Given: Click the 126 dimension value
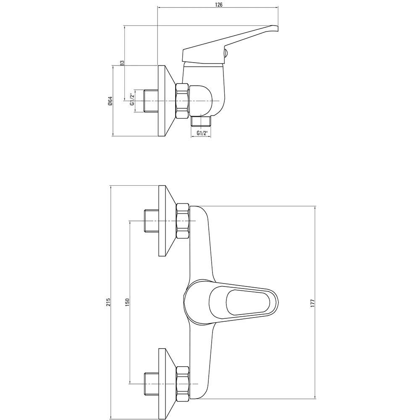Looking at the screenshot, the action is (219, 5).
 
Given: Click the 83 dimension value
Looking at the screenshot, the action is (122, 63).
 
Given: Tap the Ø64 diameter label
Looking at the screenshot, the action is (110, 100).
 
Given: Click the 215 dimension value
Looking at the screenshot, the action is (108, 302).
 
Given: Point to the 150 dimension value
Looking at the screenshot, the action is (127, 302).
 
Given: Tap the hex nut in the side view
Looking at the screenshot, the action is (182, 101).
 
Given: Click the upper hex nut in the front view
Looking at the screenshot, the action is (182, 221).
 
